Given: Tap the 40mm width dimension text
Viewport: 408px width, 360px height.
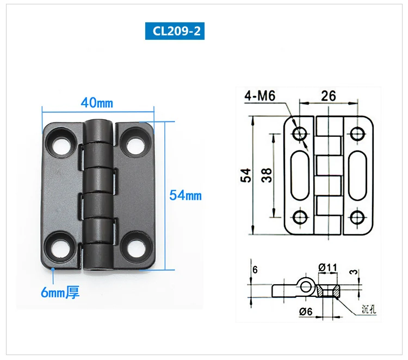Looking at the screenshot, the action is (x=97, y=102).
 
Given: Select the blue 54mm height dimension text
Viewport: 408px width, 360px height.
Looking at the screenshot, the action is (x=186, y=196).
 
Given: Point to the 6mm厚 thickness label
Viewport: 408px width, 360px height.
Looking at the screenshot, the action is (x=60, y=292).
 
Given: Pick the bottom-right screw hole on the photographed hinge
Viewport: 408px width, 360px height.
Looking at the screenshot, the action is (x=135, y=247).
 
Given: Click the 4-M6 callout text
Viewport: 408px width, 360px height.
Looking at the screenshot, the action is (x=259, y=96).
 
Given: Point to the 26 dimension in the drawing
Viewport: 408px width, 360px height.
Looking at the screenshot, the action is (x=329, y=96).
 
